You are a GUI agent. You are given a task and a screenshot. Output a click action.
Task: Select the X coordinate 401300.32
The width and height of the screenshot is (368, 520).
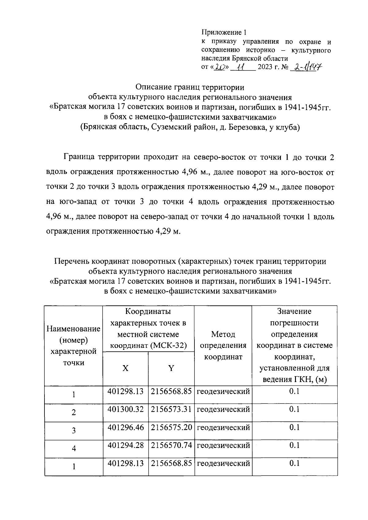coord(125,409)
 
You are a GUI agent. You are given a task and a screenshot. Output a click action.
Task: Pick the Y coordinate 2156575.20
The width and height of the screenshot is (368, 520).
coord(171,427)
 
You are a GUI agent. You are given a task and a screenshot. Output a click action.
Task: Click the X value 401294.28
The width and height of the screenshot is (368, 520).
coord(125,445)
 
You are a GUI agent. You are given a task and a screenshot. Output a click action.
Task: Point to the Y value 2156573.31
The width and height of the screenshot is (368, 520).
coord(171,409)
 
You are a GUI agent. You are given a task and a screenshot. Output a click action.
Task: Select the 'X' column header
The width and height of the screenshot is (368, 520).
coord(125,368)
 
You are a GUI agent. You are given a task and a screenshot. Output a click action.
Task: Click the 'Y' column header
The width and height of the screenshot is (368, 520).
coord(171,368)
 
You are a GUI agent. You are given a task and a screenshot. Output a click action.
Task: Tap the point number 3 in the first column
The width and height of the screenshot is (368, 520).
coord(74,431)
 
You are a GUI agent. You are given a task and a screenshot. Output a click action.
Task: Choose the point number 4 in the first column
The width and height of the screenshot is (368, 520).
coord(74,449)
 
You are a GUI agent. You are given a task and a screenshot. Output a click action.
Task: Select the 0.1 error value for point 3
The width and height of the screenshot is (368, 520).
coord(294,427)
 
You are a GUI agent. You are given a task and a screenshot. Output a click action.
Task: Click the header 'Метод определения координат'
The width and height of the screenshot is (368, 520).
coord(223,346)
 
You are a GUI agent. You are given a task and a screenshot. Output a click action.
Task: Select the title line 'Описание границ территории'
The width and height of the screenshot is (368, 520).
coord(190,87)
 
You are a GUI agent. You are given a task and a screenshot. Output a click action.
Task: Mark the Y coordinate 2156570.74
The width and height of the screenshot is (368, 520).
coord(171,445)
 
